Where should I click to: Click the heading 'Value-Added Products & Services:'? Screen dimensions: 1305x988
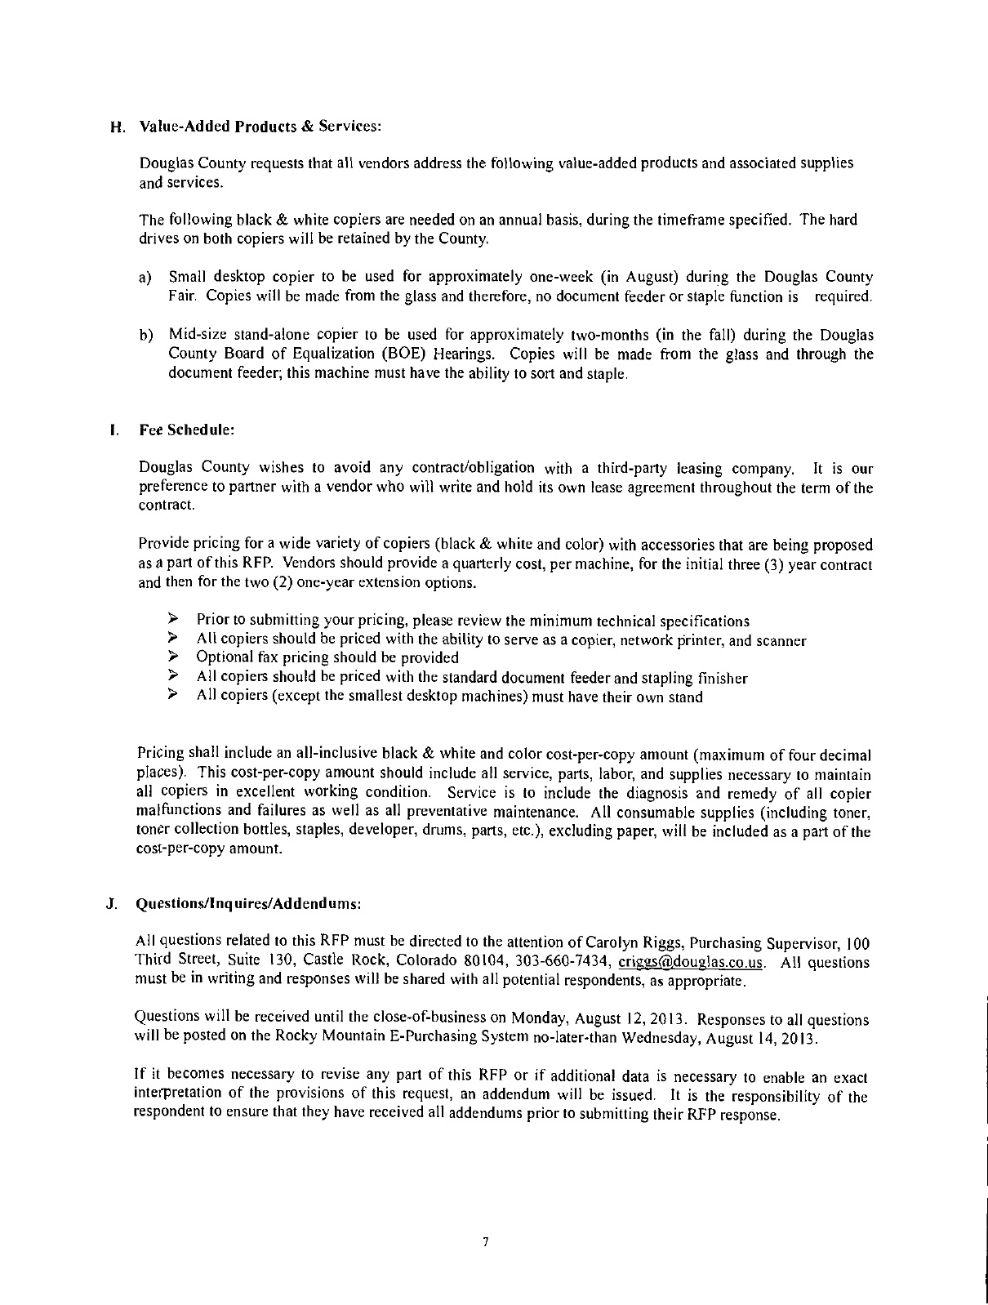(x=260, y=127)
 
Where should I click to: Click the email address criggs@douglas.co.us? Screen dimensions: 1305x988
(x=692, y=962)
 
